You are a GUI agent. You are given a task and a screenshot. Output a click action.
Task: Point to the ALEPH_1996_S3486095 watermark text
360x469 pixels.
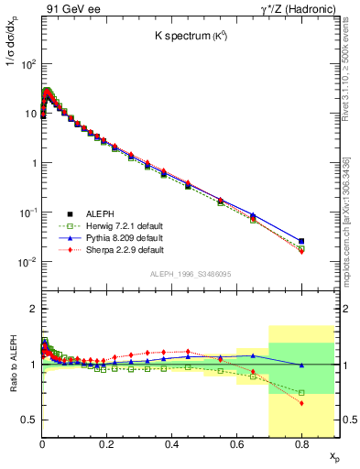(x=190, y=274)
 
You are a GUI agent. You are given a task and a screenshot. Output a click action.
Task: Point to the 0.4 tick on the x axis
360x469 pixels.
(x=171, y=442)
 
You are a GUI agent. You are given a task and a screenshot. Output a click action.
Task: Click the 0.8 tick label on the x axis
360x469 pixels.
(x=301, y=442)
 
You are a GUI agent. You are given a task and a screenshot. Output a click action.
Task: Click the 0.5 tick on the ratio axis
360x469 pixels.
(x=28, y=420)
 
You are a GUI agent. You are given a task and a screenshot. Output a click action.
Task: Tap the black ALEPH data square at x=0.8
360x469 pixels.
(x=301, y=241)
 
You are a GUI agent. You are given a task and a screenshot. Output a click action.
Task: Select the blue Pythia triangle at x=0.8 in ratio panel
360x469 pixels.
(x=301, y=365)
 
